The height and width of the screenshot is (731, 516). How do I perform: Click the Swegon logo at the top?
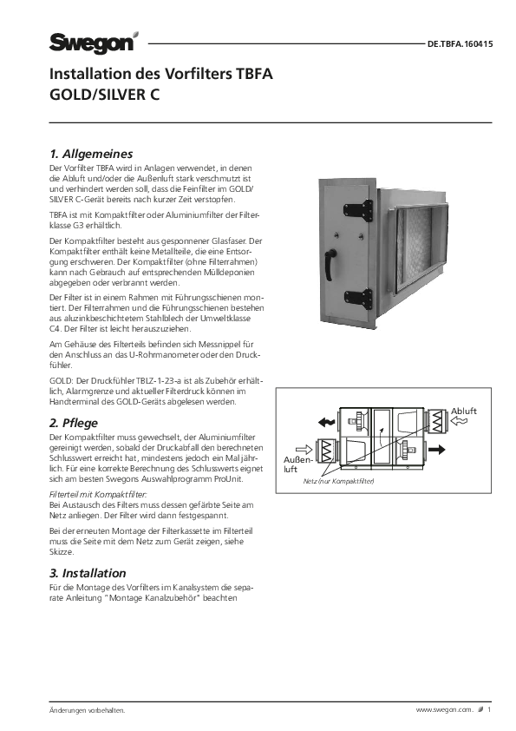pos(94,43)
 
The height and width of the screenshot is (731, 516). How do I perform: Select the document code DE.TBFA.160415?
pos(460,44)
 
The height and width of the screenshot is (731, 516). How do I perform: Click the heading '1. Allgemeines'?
pos(91,154)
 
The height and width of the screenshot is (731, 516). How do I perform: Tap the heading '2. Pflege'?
pos(74,423)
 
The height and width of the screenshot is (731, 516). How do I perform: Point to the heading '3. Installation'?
pos(88,573)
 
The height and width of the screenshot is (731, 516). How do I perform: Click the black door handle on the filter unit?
pos(330,264)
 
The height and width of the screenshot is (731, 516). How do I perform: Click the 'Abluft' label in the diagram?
pos(464,412)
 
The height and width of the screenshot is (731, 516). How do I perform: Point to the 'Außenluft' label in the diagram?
pos(297,464)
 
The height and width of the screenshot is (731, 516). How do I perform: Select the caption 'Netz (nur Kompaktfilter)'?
pos(338,481)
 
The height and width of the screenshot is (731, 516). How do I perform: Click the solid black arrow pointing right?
pos(436,450)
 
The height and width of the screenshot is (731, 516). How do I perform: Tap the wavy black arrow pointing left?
pos(326,423)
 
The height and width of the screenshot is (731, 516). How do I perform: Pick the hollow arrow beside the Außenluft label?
pos(304,450)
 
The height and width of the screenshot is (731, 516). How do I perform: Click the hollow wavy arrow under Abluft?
pos(459,421)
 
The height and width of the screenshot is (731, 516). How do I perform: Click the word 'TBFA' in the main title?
pos(254,74)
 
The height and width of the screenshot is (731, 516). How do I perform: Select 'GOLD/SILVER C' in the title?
pos(104,95)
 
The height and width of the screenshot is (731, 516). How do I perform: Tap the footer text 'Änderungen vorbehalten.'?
pos(88,710)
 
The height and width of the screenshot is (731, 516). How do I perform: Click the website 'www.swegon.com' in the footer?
pos(444,710)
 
